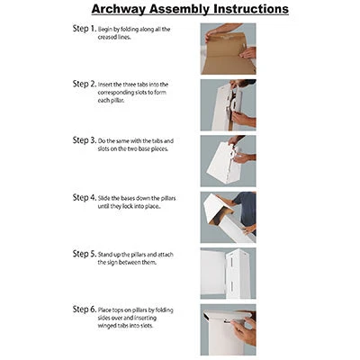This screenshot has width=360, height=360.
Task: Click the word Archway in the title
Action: (119, 9)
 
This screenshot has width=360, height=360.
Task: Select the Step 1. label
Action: (85, 29)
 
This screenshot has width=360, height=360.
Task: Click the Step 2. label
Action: (85, 84)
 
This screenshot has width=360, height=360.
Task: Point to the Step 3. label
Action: (85, 140)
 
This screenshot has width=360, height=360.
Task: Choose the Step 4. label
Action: (85, 197)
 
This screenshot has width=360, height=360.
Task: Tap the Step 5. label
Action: (85, 254)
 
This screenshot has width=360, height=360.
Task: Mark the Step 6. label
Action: (85, 310)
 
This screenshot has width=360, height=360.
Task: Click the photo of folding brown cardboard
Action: (229, 49)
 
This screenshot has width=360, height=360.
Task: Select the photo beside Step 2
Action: (229, 105)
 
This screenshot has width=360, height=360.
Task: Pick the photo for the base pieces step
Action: (229, 161)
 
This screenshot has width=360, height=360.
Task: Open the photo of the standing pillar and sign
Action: (229, 274)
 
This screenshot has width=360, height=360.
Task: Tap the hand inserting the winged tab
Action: (244, 330)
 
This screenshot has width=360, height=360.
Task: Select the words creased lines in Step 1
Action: (114, 37)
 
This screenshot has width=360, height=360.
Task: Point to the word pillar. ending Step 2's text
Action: (115, 100)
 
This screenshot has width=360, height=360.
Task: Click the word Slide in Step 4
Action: (103, 198)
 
